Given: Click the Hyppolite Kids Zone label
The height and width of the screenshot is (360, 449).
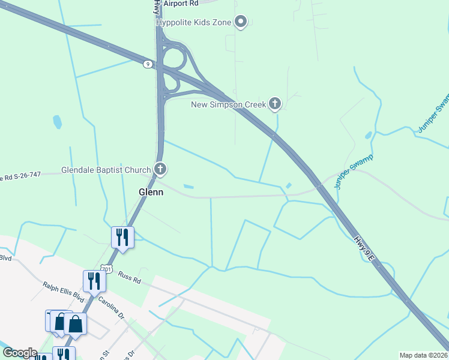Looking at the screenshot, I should click(194, 22).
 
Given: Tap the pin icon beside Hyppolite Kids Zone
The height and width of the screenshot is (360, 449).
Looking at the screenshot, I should click(241, 22).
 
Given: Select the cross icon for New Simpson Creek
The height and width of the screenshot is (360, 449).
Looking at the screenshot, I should click(275, 104).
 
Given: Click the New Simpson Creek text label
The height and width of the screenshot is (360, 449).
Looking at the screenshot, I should click(228, 105).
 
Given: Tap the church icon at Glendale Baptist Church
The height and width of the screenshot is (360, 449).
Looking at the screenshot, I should click(160, 169).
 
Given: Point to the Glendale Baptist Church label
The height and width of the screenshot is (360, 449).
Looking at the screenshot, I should click(106, 170).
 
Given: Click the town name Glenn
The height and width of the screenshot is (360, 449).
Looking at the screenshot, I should click(151, 192).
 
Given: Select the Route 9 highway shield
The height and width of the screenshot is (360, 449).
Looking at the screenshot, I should click(147, 64).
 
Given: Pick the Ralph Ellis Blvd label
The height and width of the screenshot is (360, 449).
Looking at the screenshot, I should click(63, 292).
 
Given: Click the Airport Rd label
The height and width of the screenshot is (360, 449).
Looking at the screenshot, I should click(180, 3).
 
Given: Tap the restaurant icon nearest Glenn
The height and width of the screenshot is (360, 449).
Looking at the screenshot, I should click(122, 236).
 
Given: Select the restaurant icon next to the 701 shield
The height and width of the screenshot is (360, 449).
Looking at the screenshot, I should click(94, 280).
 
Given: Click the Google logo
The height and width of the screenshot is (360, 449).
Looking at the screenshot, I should click(20, 353).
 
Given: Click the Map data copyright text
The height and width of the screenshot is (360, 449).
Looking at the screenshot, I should click(423, 355).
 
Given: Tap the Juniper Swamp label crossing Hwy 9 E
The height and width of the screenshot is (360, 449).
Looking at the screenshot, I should click(354, 172).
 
